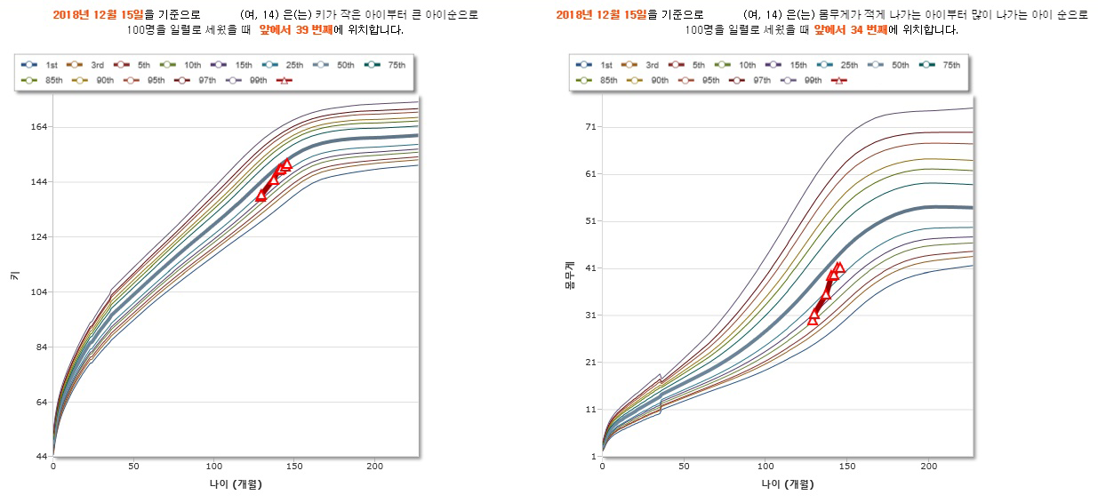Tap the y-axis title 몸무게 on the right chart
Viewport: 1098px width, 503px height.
(569, 276)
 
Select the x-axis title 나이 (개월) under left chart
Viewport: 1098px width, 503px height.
(235, 484)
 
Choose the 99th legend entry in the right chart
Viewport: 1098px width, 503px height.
(802, 80)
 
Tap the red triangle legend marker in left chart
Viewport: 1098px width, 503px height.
(285, 80)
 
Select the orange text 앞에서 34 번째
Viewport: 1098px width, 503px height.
(850, 29)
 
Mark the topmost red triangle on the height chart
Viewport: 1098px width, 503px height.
(286, 164)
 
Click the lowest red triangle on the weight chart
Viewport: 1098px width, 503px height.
(813, 319)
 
